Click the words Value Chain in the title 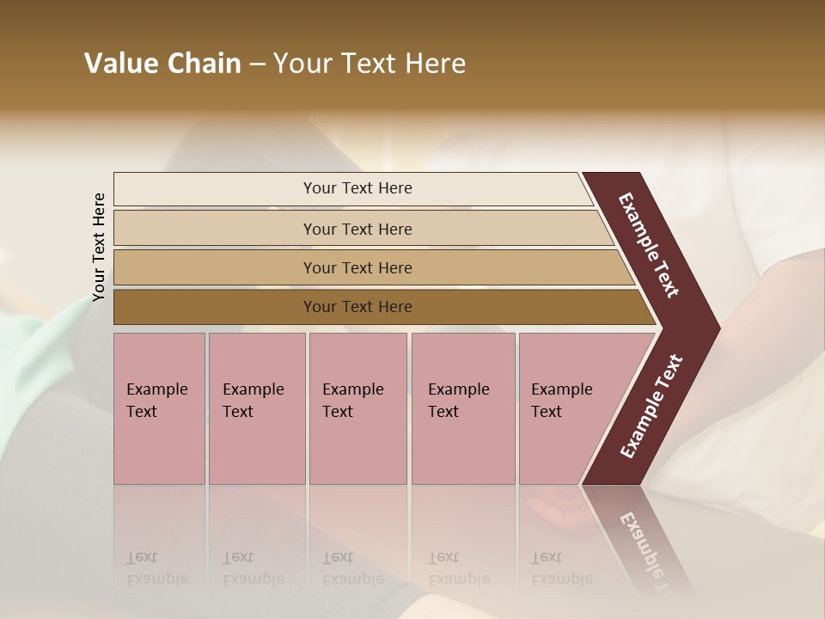tap(162, 64)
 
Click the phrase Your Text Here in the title tap(370, 64)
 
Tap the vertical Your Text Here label tap(99, 247)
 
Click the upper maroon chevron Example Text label tap(649, 245)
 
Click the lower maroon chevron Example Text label tap(651, 407)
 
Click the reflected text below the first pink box tap(156, 568)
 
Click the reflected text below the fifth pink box tap(561, 568)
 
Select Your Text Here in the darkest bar tap(357, 307)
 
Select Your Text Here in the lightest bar tap(357, 188)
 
